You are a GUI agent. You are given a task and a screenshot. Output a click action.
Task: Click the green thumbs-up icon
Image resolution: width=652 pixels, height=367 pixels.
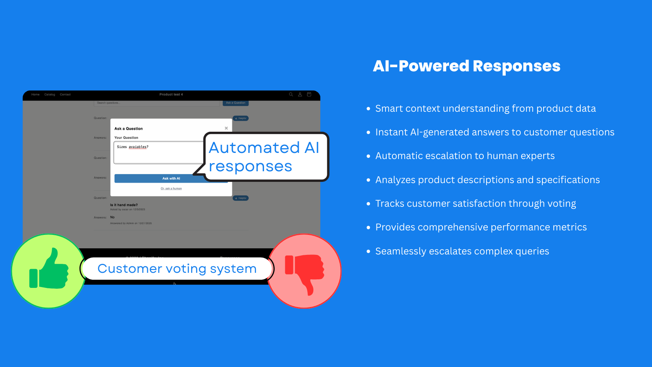coord(49,270)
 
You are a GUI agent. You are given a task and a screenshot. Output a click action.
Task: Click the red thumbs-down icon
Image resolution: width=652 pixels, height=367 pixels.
coord(304,271)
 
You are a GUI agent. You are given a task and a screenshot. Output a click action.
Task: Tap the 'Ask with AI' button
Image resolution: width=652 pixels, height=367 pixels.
coord(171,179)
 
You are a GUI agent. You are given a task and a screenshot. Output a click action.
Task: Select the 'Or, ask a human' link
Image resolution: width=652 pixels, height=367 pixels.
coord(171,188)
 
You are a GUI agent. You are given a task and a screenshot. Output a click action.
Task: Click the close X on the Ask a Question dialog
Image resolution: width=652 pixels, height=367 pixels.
coord(226,128)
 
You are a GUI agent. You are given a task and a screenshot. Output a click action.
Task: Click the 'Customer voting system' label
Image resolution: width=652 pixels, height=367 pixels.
coord(177,269)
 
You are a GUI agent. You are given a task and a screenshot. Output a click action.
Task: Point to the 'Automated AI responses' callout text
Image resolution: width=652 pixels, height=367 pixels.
coord(264,157)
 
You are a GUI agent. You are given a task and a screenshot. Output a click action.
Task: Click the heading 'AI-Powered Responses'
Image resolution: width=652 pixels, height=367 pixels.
coord(467,66)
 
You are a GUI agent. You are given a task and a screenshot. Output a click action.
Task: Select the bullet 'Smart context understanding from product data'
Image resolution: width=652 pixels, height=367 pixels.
coord(485,108)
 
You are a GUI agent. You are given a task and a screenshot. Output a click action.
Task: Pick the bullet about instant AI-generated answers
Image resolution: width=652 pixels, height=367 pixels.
coord(495,132)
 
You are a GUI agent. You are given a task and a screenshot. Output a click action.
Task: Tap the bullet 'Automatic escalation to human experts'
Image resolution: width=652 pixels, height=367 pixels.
coord(465,156)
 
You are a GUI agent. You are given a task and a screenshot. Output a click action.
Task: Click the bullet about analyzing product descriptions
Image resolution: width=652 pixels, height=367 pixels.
coord(487,180)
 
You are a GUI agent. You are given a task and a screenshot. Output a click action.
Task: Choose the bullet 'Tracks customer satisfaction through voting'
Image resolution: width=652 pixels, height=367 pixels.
coord(476,203)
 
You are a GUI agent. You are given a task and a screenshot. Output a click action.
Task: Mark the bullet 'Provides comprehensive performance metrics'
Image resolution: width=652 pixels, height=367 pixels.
coord(481,227)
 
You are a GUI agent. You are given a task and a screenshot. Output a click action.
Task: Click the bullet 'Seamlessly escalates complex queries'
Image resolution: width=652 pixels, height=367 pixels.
coord(462,251)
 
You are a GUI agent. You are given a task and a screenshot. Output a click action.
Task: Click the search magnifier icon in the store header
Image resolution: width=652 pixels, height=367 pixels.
coord(291,95)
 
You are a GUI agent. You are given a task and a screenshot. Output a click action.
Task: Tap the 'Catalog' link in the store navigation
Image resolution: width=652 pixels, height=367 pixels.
coord(50,95)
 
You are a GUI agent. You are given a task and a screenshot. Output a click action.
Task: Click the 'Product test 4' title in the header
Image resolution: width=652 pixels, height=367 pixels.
coord(171,95)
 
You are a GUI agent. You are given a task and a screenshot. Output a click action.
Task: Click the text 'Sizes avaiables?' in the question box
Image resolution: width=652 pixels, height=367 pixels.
coord(133,147)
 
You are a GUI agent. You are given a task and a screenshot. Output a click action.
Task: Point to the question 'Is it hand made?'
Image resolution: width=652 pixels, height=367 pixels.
coord(124,205)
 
